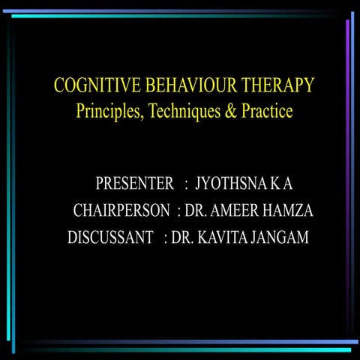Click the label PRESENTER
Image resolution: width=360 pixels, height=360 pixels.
[135, 184]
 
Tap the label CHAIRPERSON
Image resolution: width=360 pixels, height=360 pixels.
[121, 211]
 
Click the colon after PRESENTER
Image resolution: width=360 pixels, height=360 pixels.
[185, 184]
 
